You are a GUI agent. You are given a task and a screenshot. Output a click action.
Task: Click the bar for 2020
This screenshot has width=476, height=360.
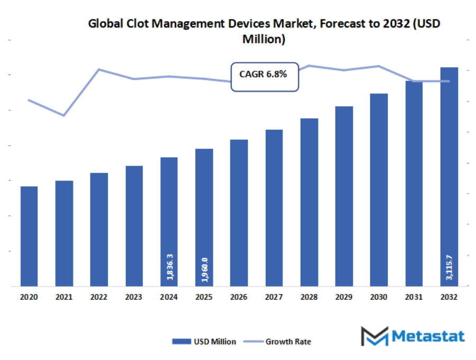tap(29, 236)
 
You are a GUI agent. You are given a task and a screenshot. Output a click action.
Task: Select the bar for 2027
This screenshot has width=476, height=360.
tap(274, 208)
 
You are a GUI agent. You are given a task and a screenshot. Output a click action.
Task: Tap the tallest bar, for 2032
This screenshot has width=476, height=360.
tap(449, 177)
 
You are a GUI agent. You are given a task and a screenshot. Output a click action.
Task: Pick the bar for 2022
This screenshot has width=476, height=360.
tap(99, 230)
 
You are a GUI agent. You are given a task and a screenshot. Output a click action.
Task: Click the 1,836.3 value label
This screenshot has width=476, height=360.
tap(170, 268)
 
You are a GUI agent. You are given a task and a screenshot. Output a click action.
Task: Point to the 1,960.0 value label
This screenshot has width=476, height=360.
tap(204, 268)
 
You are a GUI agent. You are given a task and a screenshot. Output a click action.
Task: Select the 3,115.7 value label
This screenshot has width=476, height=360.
tap(450, 268)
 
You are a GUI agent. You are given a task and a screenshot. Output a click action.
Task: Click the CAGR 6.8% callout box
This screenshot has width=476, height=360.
tap(265, 75)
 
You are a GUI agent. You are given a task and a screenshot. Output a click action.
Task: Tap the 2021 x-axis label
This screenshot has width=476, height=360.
tap(64, 297)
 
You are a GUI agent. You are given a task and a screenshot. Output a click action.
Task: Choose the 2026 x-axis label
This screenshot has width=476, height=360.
tap(239, 297)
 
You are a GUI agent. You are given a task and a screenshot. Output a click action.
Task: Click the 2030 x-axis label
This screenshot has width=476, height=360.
tap(379, 297)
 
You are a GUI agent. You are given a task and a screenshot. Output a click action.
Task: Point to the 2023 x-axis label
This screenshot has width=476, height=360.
tap(134, 297)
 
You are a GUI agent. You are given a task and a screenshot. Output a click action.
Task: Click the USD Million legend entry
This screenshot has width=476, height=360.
tap(204, 342)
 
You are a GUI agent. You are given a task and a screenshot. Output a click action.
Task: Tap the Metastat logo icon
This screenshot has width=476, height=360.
tap(374, 336)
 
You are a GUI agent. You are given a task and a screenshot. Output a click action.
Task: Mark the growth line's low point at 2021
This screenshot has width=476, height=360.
tap(64, 115)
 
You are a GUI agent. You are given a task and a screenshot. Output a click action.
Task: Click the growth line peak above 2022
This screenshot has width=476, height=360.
tap(99, 69)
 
